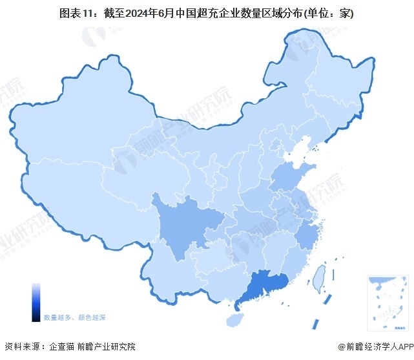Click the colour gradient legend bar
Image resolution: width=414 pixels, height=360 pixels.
click(36, 302)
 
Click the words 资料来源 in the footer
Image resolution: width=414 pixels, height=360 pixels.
click(21, 347)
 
